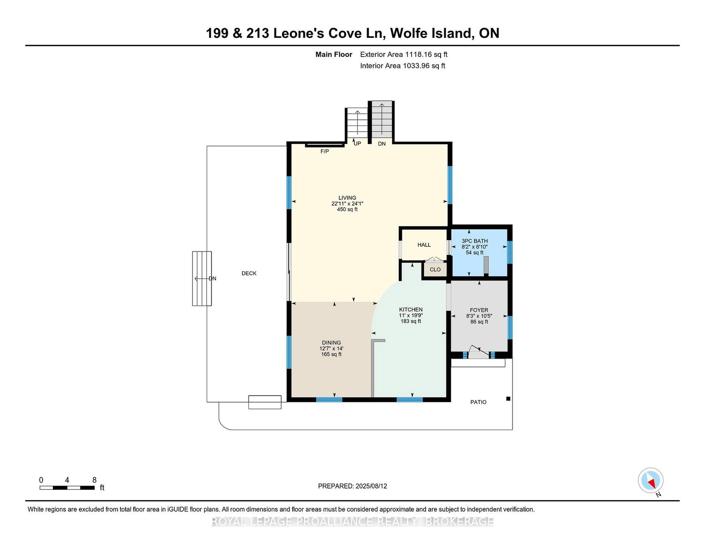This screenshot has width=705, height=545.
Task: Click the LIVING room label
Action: [x=347, y=197]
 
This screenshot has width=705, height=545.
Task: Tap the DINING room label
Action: [x=331, y=343]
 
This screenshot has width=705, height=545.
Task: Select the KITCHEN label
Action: [x=411, y=309]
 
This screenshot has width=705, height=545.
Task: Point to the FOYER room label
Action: [x=479, y=310]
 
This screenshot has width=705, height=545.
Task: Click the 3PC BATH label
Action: [x=475, y=241]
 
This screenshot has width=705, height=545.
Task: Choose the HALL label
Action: [x=424, y=245]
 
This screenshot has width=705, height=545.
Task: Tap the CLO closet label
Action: [x=435, y=270]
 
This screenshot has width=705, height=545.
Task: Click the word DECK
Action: [x=249, y=274]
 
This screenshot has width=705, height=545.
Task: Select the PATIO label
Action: [x=478, y=402]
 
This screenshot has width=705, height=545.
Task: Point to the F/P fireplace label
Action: [x=324, y=152]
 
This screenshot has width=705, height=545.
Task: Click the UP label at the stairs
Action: [x=357, y=144]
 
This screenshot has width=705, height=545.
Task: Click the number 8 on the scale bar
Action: [x=94, y=480]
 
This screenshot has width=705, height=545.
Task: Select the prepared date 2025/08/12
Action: [x=371, y=486]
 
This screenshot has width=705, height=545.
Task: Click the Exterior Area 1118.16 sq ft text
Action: [x=404, y=55]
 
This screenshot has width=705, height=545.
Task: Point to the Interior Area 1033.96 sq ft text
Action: [x=402, y=66]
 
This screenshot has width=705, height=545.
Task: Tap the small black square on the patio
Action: [x=508, y=399]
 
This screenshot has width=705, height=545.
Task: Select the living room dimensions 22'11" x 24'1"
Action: [x=347, y=204]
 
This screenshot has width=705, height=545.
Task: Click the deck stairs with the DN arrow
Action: [x=202, y=278]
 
